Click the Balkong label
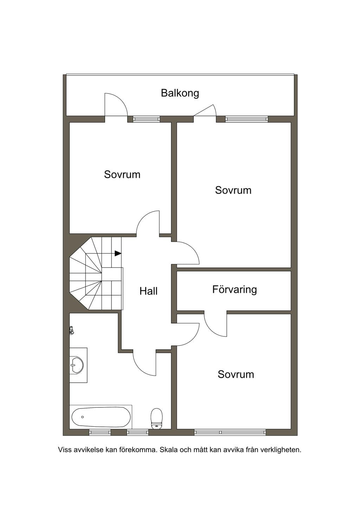pyautogui.click(x=180, y=93)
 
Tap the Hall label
pyautogui.click(x=148, y=291)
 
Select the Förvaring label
pyautogui.click(x=234, y=290)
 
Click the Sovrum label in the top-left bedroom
pyautogui.click(x=122, y=174)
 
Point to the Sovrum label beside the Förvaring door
pyautogui.click(x=236, y=374)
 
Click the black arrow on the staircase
pyautogui.click(x=118, y=253)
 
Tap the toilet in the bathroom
pyautogui.click(x=156, y=419)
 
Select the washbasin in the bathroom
pyautogui.click(x=77, y=365)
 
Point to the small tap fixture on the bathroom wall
pyautogui.click(x=72, y=330)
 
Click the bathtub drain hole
pyautogui.click(x=82, y=417)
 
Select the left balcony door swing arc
pyautogui.click(x=121, y=100)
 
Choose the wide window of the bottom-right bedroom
pyautogui.click(x=230, y=432)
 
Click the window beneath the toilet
pyautogui.click(x=137, y=432)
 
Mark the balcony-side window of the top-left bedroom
pyautogui.click(x=146, y=119)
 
